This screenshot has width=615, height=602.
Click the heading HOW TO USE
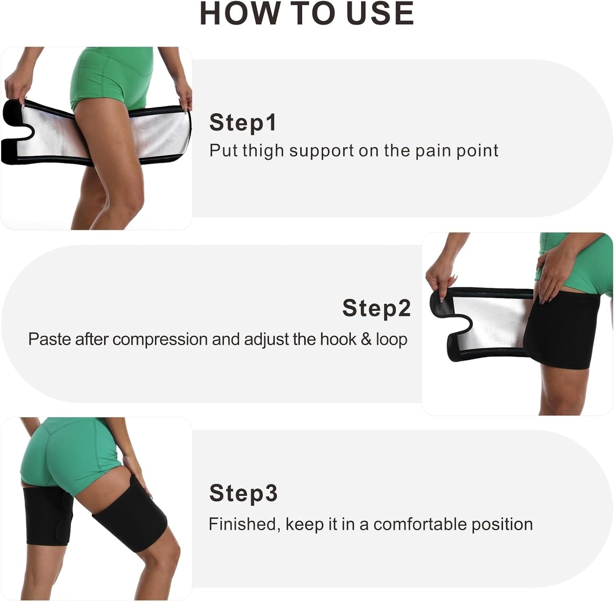coord(307,14)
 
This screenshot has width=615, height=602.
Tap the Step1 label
coord(243,123)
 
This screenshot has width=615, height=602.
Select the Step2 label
coord(376,308)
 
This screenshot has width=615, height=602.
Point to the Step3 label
coord(243,493)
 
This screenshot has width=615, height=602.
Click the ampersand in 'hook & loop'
coord(366,340)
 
